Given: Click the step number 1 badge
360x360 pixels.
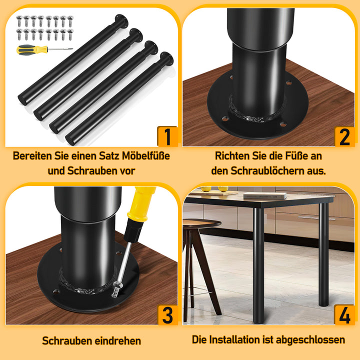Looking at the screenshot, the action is [167, 136].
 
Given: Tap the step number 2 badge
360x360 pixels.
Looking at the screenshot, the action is [344, 137].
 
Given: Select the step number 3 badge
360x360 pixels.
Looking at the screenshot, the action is [168, 315].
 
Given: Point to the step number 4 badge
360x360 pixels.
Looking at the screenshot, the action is [344, 315].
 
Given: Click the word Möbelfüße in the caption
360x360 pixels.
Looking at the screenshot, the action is [146, 156].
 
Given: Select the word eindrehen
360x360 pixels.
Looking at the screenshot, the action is [118, 340].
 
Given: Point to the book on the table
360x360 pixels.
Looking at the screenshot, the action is [265, 195].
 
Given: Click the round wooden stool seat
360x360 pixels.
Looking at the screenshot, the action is [201, 223].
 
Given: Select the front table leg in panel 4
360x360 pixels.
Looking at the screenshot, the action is [258, 265].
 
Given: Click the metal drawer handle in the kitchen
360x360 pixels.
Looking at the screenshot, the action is [316, 217].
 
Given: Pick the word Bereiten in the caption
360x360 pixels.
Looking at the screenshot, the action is [32, 156].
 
